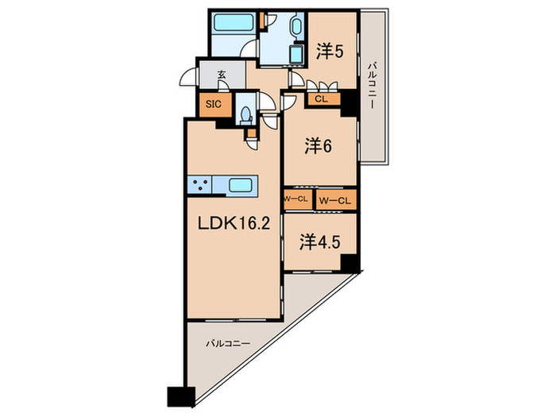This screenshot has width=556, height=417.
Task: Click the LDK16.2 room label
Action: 234,224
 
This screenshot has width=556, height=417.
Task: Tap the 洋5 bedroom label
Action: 330,52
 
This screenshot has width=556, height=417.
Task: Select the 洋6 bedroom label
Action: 318,145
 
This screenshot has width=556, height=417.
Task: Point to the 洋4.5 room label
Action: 320,242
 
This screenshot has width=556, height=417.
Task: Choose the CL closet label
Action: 321,99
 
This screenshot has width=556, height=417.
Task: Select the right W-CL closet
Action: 335,201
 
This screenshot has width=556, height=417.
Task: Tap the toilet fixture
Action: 245,116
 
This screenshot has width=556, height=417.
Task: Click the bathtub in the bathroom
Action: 234,22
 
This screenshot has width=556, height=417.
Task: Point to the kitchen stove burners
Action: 199,185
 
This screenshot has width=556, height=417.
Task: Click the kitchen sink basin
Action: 241,185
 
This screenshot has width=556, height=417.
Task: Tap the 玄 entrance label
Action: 222,75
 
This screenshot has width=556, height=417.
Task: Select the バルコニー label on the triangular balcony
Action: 228,344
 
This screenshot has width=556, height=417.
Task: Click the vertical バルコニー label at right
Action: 372,86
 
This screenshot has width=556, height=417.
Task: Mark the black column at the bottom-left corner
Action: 181,396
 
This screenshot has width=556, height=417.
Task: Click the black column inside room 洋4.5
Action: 349,262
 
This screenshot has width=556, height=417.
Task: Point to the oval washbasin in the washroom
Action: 295,25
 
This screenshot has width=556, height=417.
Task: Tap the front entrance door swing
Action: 188,77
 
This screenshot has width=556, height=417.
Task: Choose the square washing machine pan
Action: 296,54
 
